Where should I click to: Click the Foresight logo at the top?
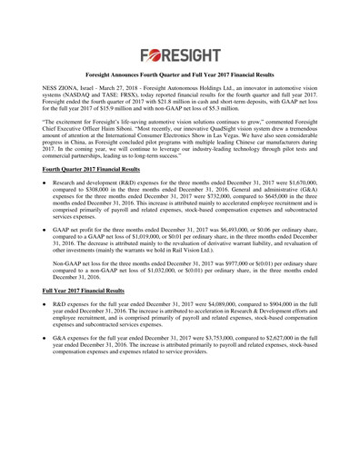pos(180,53)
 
